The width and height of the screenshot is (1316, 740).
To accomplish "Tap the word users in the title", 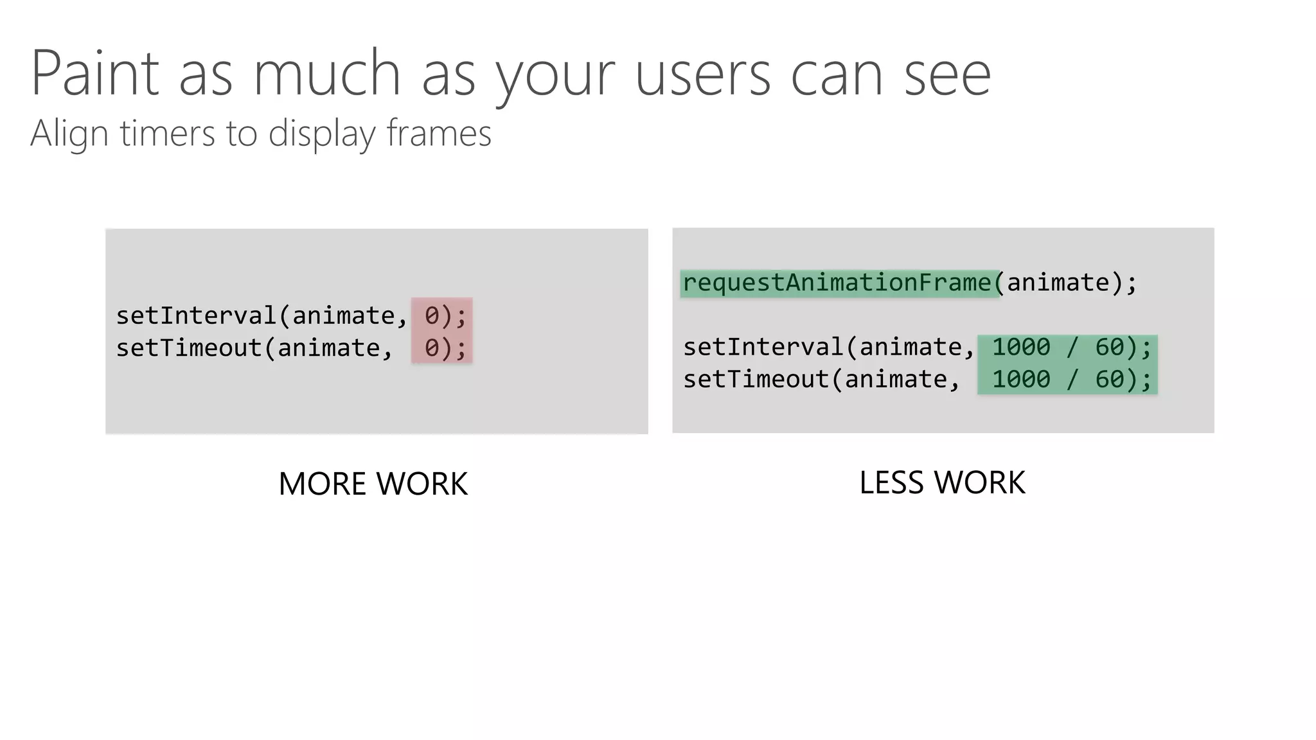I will coord(703,75).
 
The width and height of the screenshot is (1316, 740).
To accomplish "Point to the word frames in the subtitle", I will coord(439,133).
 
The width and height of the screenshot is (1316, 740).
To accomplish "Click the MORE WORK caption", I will coord(373,484).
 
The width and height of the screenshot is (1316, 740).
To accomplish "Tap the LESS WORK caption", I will coord(942,482).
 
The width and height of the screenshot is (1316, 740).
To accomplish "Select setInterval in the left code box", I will coord(196,315).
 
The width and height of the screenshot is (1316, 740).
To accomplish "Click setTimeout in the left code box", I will coord(189,348).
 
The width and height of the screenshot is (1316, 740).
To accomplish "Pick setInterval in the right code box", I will coord(763,347).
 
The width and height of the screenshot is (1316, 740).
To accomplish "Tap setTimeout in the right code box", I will coord(756,379).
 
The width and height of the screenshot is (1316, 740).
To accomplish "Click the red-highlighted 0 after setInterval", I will coord(432,315).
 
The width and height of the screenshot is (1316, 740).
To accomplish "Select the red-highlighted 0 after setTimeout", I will coord(432,348).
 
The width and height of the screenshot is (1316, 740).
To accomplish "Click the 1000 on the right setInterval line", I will coord(1021,347).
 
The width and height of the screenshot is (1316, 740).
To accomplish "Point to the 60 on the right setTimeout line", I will coord(1110,379).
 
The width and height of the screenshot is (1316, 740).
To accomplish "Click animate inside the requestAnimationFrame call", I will coord(1058,283).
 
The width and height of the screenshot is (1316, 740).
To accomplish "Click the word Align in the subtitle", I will coord(69,134).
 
